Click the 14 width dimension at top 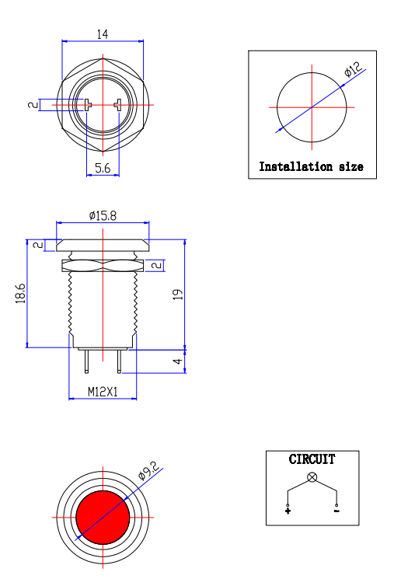[102, 33]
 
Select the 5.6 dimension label [102, 168]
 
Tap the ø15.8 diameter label [103, 215]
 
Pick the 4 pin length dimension [177, 361]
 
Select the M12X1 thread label [102, 392]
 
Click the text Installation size [311, 166]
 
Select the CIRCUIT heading [312, 459]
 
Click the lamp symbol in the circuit [312, 476]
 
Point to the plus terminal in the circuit [288, 511]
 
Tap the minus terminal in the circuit [337, 511]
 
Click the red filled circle [103, 517]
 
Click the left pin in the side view [85, 361]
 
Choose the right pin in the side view [120, 361]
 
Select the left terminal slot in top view [88, 105]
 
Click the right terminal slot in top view [117, 105]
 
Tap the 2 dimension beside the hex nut [158, 266]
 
